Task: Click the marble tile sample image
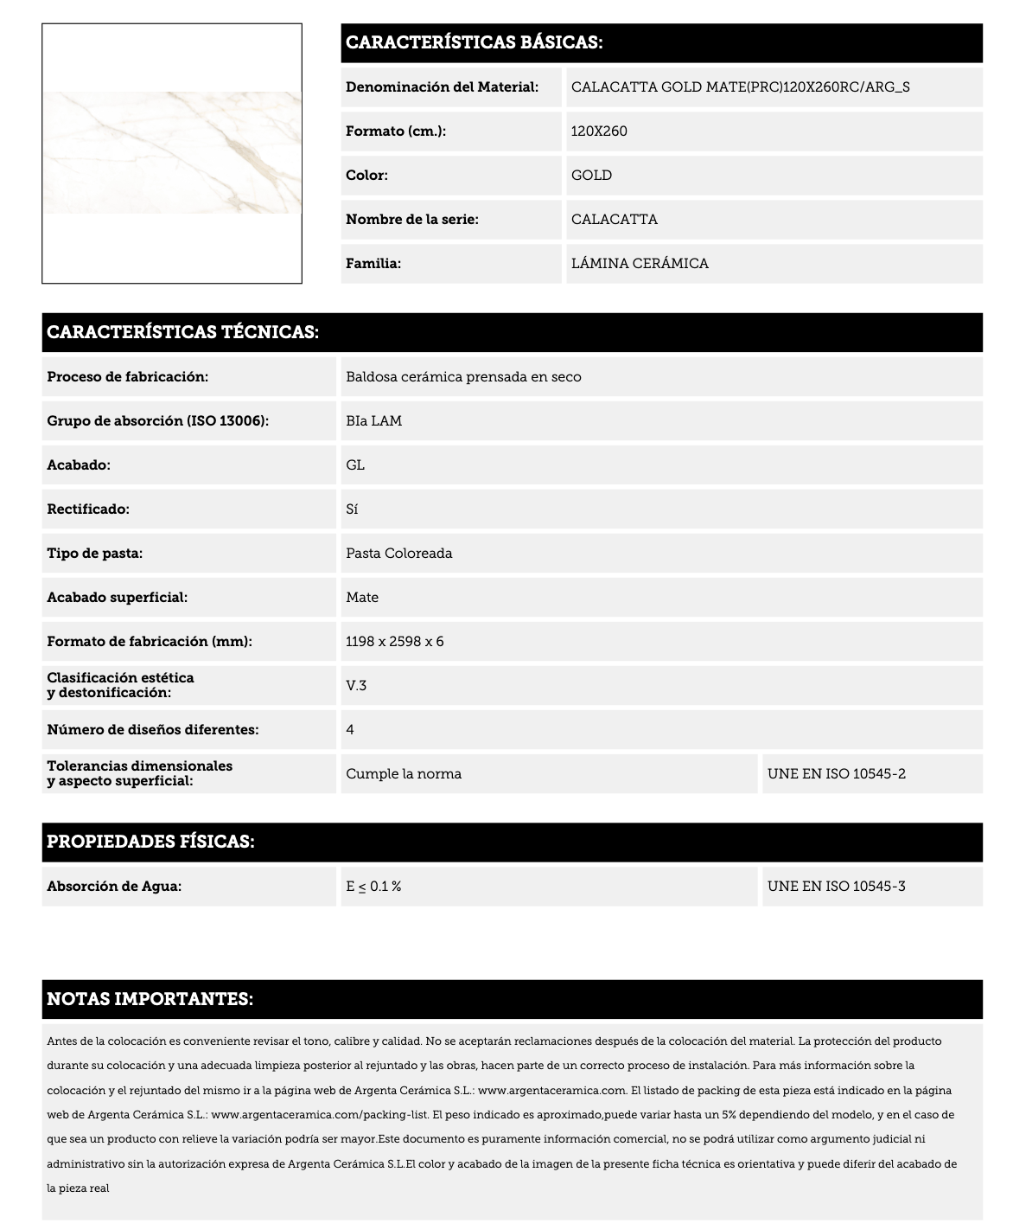(172, 153)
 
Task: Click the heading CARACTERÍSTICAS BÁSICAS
(474, 42)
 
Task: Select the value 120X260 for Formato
(599, 131)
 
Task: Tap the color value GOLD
(591, 176)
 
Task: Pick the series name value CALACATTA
(614, 220)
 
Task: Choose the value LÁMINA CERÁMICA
(640, 264)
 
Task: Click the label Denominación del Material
(442, 87)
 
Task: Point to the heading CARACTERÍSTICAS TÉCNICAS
(183, 332)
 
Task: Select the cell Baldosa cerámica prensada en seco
(463, 377)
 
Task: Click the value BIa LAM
(373, 421)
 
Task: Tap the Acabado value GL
(355, 465)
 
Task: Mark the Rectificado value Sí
(352, 509)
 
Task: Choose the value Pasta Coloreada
(398, 554)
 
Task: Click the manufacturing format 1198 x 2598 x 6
(394, 642)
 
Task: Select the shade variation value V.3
(356, 686)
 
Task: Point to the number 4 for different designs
(350, 730)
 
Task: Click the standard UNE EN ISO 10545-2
(836, 774)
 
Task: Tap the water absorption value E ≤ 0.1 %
(373, 887)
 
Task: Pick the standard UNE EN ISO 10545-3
(836, 887)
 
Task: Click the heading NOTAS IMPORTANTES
(150, 999)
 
